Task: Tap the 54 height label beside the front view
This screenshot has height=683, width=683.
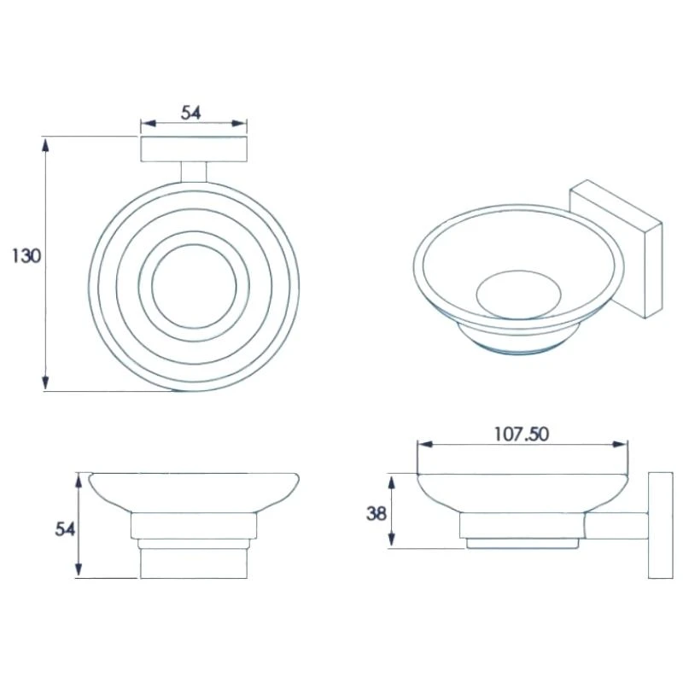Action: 65,529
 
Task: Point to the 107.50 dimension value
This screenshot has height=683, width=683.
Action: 521,434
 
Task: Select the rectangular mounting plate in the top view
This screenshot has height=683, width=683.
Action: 194,149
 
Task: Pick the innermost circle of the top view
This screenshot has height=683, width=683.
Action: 194,285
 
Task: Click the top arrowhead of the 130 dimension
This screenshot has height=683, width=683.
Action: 45,143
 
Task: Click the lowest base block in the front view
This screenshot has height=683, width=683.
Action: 193,564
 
